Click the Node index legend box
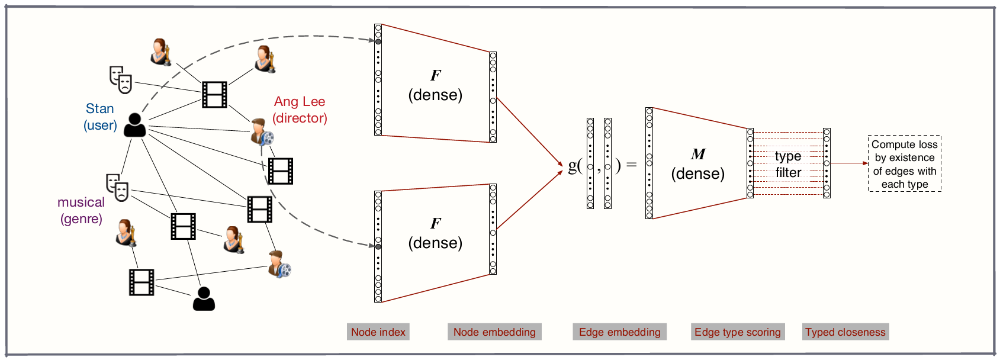(x=378, y=332)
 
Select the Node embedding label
(x=494, y=332)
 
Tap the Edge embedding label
(x=619, y=332)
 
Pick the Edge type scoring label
(x=737, y=332)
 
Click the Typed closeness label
(x=845, y=332)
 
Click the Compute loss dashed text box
(x=904, y=163)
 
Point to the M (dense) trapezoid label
(x=697, y=164)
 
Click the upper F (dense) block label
(x=435, y=85)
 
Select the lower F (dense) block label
(x=435, y=233)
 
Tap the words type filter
(x=788, y=164)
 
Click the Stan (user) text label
(x=100, y=117)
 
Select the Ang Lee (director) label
(x=300, y=110)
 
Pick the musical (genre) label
(x=81, y=210)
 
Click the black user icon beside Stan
(x=134, y=125)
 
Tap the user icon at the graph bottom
(x=204, y=298)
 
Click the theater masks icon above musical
(x=117, y=187)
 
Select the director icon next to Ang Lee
(x=261, y=132)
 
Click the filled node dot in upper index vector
(x=378, y=41)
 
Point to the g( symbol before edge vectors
(x=574, y=165)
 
